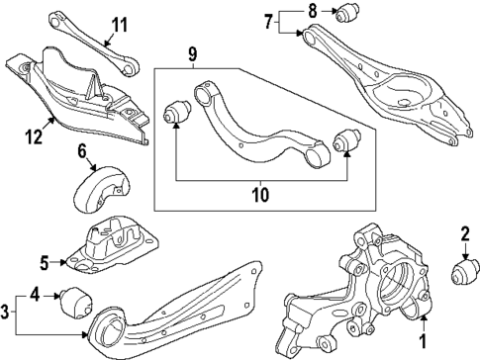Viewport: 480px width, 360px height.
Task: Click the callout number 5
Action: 45,262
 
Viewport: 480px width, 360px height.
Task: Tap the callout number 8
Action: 313,11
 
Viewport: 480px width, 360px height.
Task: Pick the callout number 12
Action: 34,136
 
